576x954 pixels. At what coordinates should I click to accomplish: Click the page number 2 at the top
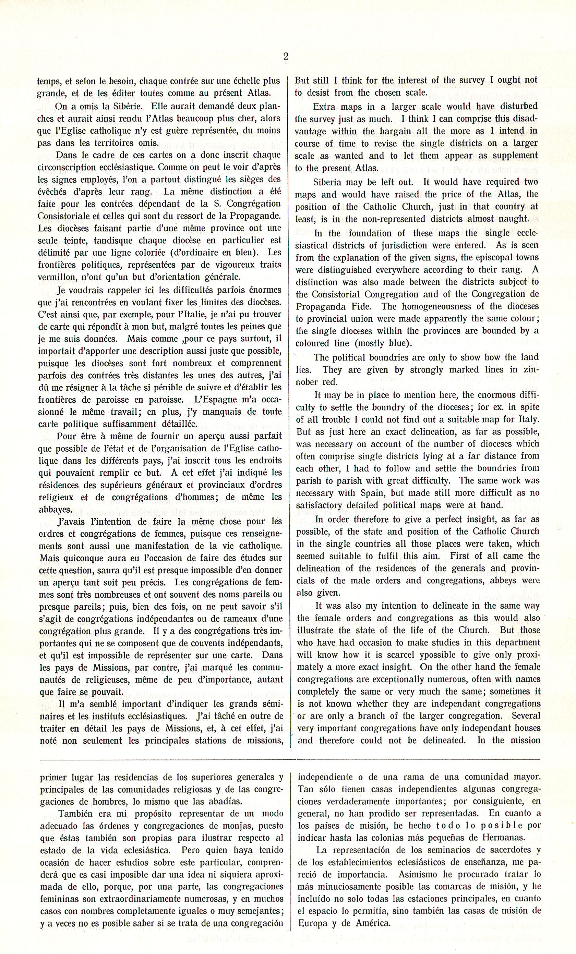point(286,57)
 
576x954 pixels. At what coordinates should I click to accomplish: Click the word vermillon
point(57,277)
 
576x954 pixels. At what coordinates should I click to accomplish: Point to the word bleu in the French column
point(243,253)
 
